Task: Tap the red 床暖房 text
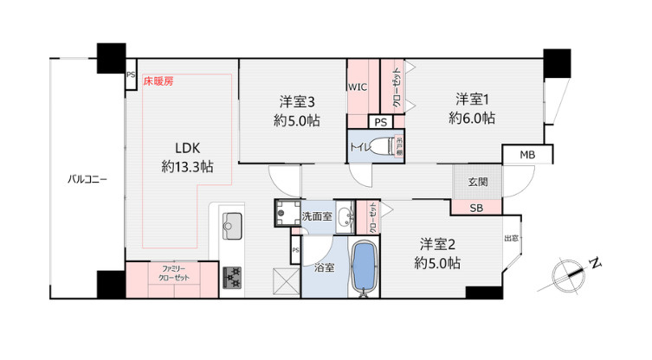(x=158, y=81)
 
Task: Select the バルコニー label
(x=88, y=180)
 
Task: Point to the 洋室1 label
(x=475, y=98)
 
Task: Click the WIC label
(x=358, y=87)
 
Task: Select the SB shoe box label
(x=477, y=208)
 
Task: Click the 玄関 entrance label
(x=478, y=182)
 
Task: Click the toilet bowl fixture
(x=382, y=148)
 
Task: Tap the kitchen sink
(x=232, y=227)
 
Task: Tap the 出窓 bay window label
(x=512, y=238)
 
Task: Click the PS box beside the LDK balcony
(x=131, y=75)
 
